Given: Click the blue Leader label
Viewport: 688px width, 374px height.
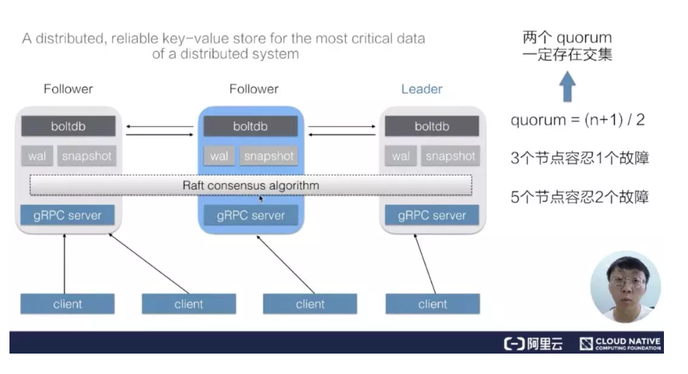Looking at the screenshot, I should coord(422,89).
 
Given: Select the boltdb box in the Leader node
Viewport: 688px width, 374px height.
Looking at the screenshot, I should coord(432,126).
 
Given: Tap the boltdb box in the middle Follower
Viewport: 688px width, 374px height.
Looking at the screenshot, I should coord(250,126).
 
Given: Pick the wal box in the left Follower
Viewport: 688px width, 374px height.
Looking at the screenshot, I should coord(36,156).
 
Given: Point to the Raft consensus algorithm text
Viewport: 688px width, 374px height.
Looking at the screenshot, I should coord(250,186).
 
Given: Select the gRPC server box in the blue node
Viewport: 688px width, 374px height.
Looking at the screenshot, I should coord(250,215).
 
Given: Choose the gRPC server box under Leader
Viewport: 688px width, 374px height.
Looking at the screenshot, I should coord(432,215).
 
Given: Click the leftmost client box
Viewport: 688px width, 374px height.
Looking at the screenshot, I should coord(67,304).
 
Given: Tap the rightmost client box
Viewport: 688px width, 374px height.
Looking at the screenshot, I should coord(433,304).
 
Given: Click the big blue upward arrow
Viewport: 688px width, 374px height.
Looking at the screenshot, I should coord(568,87).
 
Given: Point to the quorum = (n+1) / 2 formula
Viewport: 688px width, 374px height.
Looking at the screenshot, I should coord(577,120).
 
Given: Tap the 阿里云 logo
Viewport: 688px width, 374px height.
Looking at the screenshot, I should coord(533,343).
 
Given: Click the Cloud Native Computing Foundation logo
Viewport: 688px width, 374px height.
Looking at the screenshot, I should coord(621,343).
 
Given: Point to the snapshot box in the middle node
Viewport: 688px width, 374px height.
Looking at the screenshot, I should coord(268,156).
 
